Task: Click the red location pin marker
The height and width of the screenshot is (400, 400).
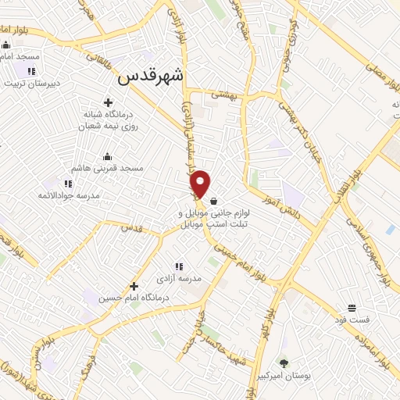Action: tap(201, 184)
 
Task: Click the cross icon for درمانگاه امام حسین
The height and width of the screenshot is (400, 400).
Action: tap(134, 286)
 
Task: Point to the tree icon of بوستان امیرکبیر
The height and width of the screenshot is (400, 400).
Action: tap(283, 363)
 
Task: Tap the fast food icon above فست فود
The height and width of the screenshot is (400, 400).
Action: tap(352, 308)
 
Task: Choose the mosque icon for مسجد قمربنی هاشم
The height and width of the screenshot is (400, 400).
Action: tap(107, 156)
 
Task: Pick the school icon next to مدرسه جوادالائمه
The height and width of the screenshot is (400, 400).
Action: tap(69, 183)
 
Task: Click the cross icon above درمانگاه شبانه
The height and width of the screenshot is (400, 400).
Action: tap(108, 102)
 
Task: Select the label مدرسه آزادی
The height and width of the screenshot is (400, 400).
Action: tap(185, 278)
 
